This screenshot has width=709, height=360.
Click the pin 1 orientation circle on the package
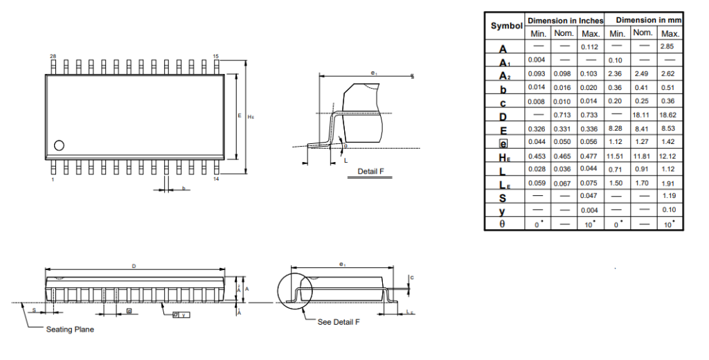point(59,145)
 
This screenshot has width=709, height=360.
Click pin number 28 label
point(53,55)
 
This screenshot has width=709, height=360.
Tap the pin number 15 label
point(215,55)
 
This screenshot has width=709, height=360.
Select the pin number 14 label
point(216,179)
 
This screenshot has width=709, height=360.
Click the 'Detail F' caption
point(370,171)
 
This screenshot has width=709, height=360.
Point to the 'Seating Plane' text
point(70,330)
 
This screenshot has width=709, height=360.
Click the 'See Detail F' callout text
point(339,322)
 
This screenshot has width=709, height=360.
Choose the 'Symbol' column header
point(506,26)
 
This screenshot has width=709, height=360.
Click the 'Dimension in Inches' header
point(565,21)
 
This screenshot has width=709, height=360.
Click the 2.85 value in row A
point(669,46)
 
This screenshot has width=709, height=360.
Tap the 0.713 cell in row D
point(564,115)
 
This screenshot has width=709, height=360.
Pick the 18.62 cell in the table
point(669,115)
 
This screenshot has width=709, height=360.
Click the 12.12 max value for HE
point(669,156)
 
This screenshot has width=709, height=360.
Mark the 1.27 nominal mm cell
point(643,142)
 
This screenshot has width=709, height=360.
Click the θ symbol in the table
point(503,224)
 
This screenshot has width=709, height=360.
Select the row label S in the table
point(503,197)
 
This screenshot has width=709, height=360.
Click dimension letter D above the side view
point(134,266)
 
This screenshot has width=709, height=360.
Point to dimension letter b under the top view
point(183,188)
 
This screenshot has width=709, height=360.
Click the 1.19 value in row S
point(669,197)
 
